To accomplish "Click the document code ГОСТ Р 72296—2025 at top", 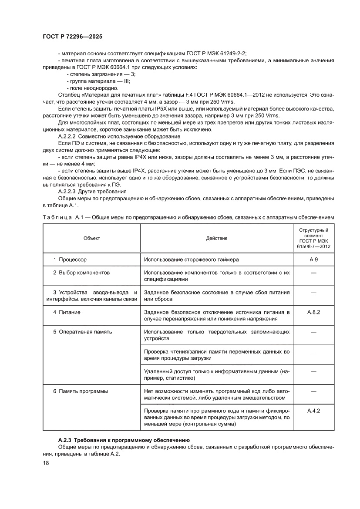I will coord(73,37).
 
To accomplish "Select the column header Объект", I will coord(92,238).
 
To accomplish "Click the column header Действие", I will coord(216,238).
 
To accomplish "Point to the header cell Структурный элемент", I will coord(313,233).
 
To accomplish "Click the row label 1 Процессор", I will coord(70,260).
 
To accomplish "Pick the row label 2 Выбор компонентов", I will coord(81,273).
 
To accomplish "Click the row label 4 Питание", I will coord(67,312).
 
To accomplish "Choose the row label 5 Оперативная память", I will coord(82,332).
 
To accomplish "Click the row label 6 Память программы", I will coord(80,391).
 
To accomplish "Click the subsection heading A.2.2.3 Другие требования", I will coord(92,191).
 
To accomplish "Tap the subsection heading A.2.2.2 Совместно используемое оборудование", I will coord(120,136).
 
